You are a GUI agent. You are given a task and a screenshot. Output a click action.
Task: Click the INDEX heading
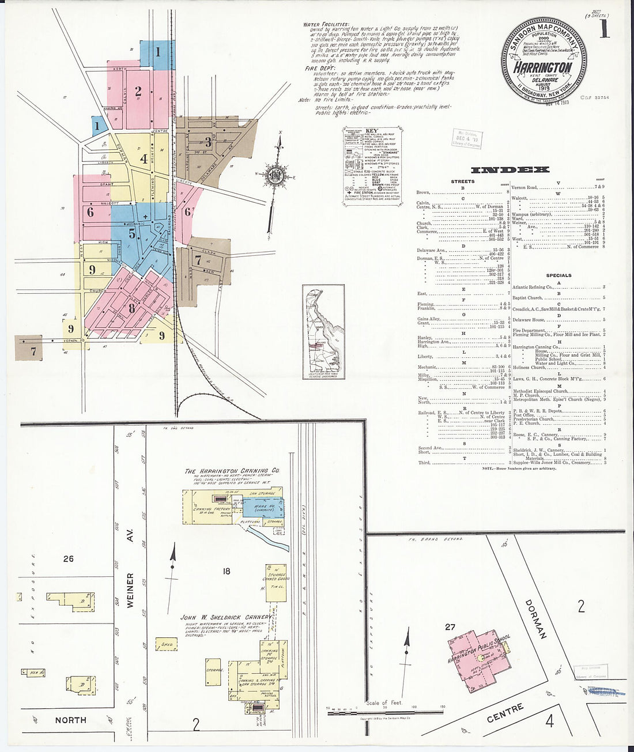pyautogui.click(x=510, y=169)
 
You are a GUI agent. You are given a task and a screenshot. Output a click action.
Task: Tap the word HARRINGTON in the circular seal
pyautogui.click(x=543, y=67)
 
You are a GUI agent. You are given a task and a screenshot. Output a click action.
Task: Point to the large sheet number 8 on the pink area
pyautogui.click(x=132, y=308)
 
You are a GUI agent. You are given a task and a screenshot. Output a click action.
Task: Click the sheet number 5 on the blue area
pyautogui.click(x=132, y=234)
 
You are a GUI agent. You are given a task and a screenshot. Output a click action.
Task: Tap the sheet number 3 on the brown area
pyautogui.click(x=208, y=142)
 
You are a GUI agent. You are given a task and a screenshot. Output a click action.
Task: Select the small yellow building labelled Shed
pyautogui.click(x=167, y=644)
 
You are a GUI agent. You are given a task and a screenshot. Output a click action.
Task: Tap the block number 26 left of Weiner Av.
pyautogui.click(x=69, y=558)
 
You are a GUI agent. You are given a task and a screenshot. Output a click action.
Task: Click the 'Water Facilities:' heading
pyautogui.click(x=326, y=25)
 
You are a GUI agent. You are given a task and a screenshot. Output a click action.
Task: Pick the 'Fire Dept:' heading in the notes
pyautogui.click(x=318, y=68)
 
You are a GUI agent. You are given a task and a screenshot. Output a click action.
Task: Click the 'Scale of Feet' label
pyautogui.click(x=384, y=703)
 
